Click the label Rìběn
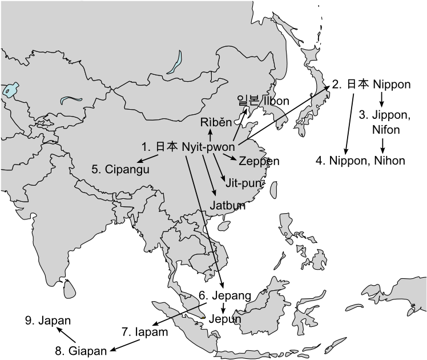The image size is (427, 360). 216,123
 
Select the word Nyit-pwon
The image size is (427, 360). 209,147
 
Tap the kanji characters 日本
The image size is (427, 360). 167,147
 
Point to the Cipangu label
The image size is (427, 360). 125,169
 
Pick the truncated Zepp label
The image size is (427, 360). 252,161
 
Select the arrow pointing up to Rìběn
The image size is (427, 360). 210,135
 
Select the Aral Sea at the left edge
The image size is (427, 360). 9,90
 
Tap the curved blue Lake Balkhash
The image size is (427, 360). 71,100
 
